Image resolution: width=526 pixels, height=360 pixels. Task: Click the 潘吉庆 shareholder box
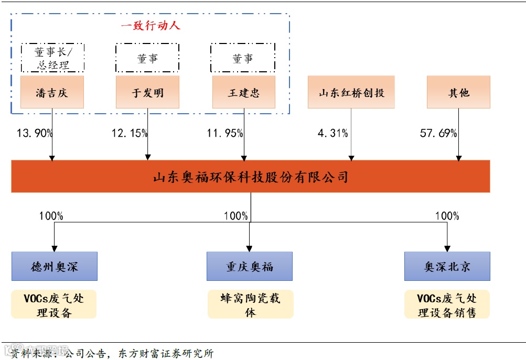(52, 92)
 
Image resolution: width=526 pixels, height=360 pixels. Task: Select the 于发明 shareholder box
(147, 92)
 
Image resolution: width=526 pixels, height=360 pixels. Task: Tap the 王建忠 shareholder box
(244, 92)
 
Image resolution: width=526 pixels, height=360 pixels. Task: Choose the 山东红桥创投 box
(351, 92)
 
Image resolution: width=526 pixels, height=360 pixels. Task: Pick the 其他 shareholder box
(458, 92)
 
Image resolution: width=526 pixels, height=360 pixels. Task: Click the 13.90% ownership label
(35, 133)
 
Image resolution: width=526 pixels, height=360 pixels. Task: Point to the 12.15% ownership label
(130, 133)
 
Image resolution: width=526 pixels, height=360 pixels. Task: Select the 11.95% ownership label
(225, 133)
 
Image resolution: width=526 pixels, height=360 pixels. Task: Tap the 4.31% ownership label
(332, 133)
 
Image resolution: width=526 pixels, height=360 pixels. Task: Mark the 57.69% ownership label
(438, 133)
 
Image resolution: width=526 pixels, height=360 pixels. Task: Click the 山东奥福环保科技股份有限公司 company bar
(251, 177)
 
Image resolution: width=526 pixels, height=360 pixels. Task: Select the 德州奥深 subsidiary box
(55, 266)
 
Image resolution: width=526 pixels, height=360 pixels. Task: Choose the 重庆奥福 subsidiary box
(250, 266)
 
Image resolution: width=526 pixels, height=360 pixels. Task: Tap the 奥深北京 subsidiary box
(447, 266)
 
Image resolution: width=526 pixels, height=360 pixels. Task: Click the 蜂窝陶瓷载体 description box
(251, 305)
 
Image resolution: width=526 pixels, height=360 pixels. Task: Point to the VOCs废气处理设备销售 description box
(447, 305)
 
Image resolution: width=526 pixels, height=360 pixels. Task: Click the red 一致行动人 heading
(151, 25)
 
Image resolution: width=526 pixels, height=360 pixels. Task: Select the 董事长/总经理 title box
(52, 58)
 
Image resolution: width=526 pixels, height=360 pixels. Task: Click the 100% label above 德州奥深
(51, 216)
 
